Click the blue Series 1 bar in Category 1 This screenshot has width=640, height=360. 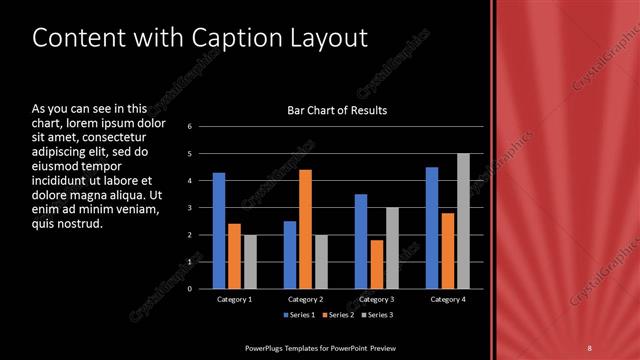218,230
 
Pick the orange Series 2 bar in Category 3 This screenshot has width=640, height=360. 376,264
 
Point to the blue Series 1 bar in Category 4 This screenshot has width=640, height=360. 432,227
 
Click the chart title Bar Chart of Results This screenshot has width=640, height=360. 337,110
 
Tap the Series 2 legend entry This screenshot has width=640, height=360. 337,315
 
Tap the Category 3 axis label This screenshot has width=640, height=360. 376,299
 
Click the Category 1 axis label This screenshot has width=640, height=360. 234,299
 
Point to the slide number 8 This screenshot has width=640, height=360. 590,347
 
